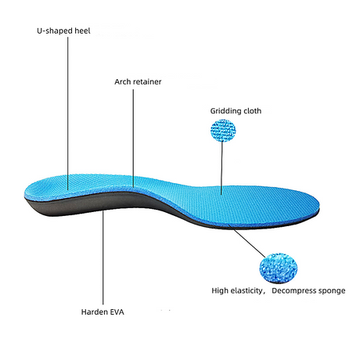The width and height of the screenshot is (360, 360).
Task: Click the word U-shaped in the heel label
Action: (55, 31)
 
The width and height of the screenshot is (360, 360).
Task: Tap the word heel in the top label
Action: (82, 31)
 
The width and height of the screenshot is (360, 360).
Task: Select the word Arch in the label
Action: (122, 81)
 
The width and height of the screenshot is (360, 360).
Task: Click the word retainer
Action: (147, 81)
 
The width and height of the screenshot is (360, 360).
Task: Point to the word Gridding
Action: (225, 111)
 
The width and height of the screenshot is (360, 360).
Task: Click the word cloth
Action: (252, 111)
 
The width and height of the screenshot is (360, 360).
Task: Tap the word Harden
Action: (94, 312)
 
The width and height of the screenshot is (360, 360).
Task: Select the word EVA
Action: (116, 312)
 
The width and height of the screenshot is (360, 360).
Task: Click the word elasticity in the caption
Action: (247, 291)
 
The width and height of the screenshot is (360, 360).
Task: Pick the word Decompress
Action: (293, 291)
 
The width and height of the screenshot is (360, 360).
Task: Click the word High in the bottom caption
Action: (220, 291)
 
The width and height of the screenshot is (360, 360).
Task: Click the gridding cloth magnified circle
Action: (223, 130)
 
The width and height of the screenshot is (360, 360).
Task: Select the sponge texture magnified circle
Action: (279, 268)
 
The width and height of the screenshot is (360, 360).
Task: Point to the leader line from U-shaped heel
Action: (68, 113)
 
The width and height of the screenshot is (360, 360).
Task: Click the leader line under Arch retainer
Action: (133, 139)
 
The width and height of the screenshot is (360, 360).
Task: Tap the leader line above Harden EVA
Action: (103, 257)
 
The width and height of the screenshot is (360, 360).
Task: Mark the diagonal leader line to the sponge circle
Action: (247, 241)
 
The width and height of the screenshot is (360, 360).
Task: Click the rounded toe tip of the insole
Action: (319, 205)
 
